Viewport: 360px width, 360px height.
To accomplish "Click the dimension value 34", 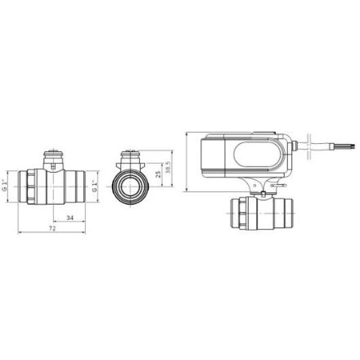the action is click(70, 218).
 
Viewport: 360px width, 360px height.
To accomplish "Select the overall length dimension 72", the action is click(52, 228).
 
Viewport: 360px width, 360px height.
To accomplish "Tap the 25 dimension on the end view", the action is click(158, 174).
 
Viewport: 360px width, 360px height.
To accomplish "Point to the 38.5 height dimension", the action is click(168, 168).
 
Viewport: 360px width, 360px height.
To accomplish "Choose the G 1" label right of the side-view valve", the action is click(94, 186).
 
